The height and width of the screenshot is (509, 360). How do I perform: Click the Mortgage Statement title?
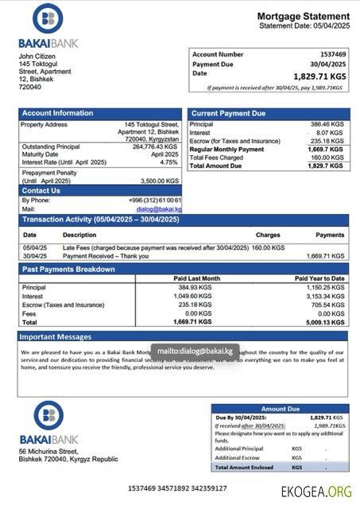coord(302,17)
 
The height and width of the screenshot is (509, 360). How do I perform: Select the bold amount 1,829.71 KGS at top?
coord(319,76)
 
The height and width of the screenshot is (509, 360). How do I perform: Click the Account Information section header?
coord(57,114)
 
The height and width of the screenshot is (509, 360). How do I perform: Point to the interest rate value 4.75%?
coord(168,162)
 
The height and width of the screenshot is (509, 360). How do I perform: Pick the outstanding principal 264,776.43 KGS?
coord(155,146)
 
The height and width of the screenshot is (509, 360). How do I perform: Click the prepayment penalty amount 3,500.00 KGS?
coord(160,181)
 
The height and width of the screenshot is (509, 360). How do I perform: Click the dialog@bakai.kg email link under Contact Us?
coord(162,209)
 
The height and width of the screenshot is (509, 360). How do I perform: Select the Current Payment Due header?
coord(228,114)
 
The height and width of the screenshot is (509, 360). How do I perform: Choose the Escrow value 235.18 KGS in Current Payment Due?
coord(327,141)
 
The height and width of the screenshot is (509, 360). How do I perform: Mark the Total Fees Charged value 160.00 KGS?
coord(327,157)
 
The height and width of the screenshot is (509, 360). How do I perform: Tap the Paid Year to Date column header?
coord(319,278)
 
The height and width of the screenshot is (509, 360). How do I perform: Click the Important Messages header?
coord(56,337)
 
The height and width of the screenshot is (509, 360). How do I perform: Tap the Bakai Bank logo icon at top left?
coord(48,19)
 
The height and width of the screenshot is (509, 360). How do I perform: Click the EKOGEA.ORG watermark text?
coord(316,492)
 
